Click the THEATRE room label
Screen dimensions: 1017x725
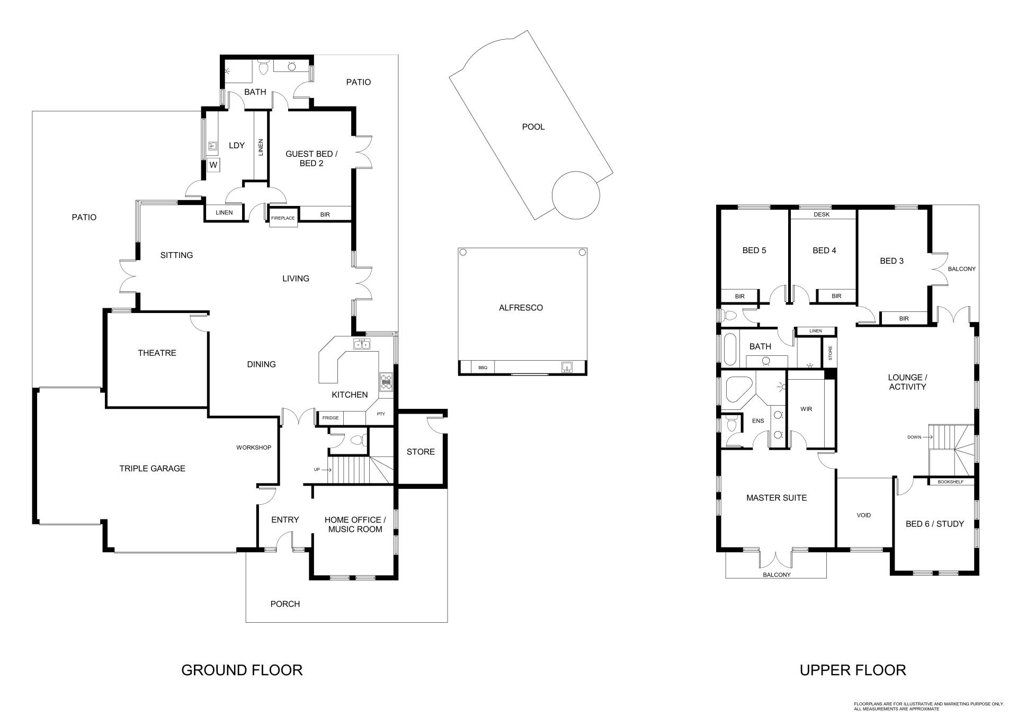(157, 353)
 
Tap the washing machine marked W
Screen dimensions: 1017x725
(213, 165)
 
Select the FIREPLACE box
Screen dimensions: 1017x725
(283, 218)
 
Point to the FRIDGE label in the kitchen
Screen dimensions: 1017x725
(331, 418)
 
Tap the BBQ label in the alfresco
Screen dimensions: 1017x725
(483, 368)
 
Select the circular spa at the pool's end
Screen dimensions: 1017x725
(576, 195)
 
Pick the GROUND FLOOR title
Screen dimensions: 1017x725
(242, 670)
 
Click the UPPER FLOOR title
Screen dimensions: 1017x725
(853, 670)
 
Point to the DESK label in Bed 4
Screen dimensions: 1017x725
(822, 214)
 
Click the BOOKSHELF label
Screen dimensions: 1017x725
(951, 482)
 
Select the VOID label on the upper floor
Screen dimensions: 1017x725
(864, 515)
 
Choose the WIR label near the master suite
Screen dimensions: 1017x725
(806, 409)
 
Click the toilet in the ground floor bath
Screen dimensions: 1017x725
(263, 67)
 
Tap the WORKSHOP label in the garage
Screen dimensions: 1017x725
(254, 447)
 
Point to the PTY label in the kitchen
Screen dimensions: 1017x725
(381, 414)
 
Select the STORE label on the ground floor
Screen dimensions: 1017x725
(421, 452)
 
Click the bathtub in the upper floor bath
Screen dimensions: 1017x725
(730, 349)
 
